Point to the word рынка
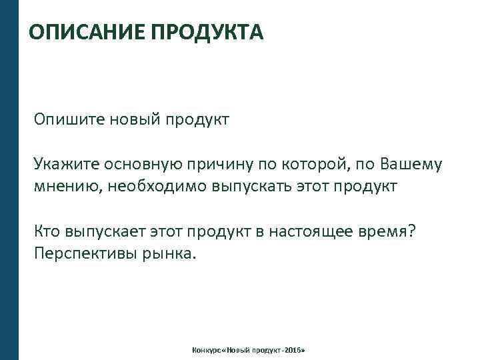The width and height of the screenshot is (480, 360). coord(171,253)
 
